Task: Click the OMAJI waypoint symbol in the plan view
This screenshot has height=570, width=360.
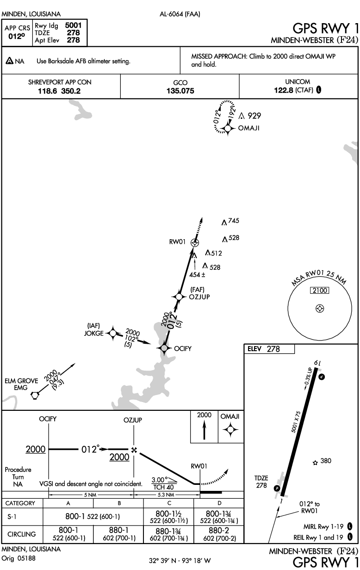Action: point(228,129)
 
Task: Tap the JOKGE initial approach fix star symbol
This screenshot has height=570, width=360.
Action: point(113,333)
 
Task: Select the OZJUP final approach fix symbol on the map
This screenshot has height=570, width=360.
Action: point(179,297)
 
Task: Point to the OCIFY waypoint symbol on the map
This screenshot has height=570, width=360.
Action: point(164,348)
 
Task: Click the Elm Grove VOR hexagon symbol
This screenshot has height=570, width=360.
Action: point(35,396)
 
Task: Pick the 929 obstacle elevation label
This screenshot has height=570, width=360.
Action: point(254,116)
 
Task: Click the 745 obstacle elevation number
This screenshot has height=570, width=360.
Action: point(234,220)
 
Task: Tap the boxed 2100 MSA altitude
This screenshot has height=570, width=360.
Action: point(320,291)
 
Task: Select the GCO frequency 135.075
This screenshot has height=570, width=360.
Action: point(180,91)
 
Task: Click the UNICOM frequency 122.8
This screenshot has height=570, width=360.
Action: point(284,90)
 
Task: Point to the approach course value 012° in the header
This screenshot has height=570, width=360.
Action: point(17,37)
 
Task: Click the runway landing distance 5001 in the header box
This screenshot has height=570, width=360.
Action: point(73,25)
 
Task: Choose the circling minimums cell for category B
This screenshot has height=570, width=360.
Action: point(119,534)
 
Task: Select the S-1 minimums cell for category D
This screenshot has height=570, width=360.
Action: point(219,516)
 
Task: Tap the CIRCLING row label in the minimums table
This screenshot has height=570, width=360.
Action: point(22,534)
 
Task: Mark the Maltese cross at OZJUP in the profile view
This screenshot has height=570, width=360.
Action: point(134,450)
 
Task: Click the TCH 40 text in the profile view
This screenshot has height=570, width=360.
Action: point(163,487)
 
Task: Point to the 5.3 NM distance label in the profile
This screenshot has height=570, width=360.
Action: point(166,495)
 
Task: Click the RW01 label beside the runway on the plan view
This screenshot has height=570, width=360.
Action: point(177,242)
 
